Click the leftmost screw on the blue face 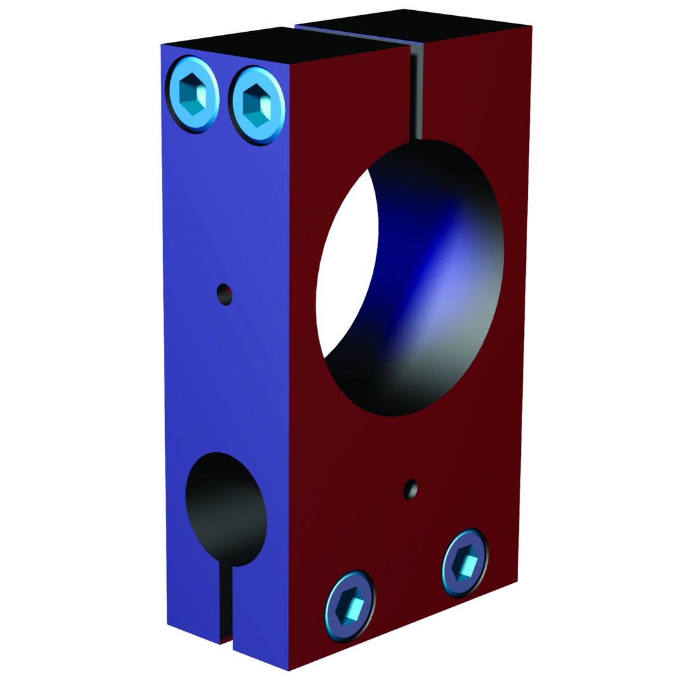tap(192, 95)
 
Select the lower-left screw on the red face tap(350, 605)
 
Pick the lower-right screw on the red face tap(466, 563)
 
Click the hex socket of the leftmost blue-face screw tap(192, 95)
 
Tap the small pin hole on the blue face tap(225, 295)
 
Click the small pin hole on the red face tap(411, 489)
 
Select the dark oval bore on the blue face tap(225, 508)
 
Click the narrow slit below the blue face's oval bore tap(226, 603)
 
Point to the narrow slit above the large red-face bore tap(416, 95)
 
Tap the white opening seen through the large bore tap(346, 267)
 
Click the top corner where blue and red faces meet tap(290, 64)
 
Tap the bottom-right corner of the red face tap(517, 581)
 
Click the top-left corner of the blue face tap(161, 44)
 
